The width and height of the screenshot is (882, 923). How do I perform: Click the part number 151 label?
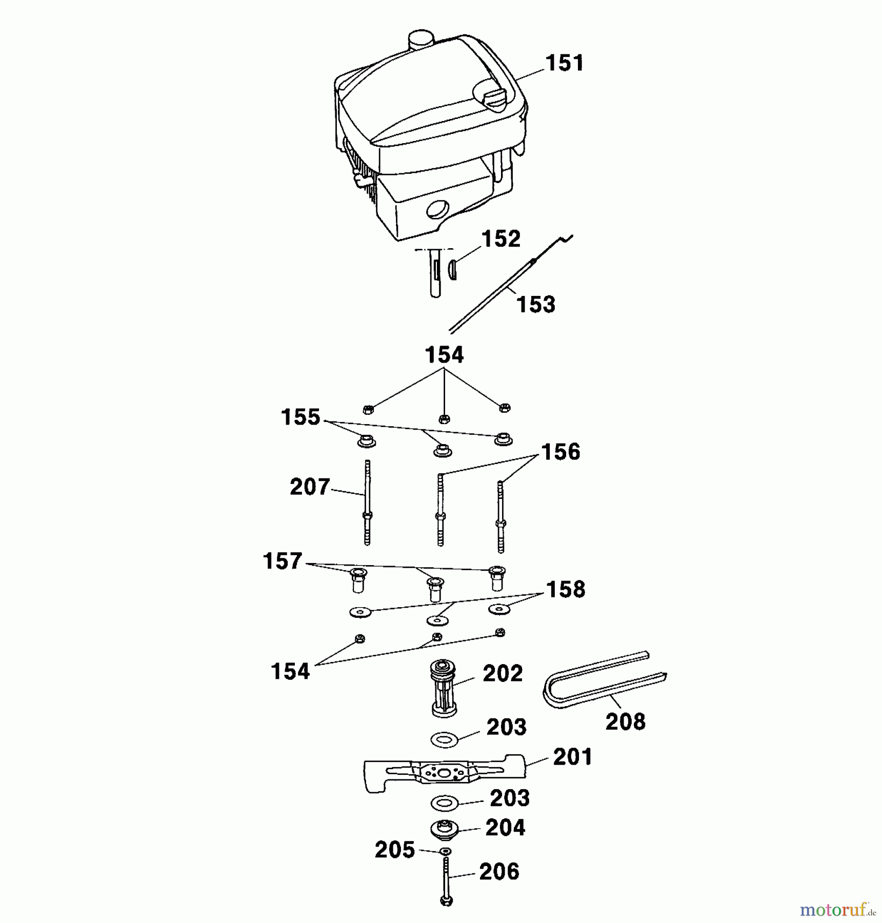coord(565,63)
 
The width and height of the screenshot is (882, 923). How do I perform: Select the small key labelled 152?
coord(452,270)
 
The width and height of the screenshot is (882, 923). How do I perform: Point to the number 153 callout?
coord(536,304)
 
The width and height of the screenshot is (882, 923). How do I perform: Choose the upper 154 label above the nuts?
coord(444,355)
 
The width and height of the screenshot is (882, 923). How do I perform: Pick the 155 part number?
coord(300,417)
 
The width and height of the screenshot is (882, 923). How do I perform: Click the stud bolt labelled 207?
coord(367,502)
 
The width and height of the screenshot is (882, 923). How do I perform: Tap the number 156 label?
coord(560,452)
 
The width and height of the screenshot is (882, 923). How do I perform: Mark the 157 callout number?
coord(283,561)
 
